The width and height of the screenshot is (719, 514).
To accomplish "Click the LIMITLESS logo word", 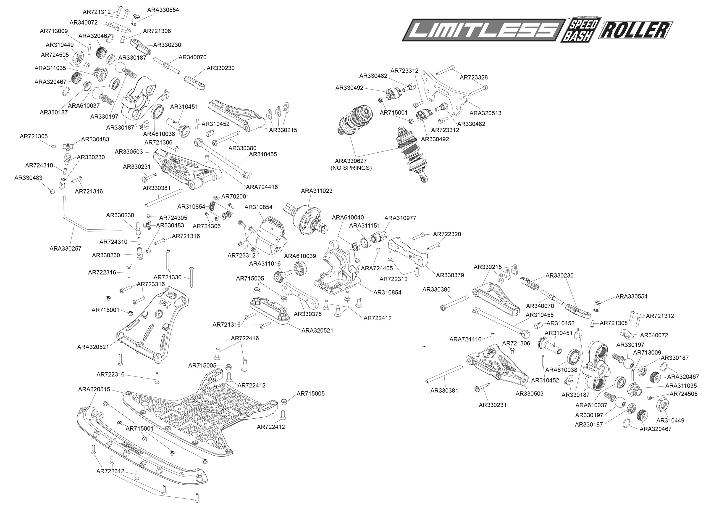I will click(484, 30).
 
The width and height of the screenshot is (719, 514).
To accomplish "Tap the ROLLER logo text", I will click(635, 30).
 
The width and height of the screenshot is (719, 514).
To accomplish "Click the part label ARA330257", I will click(66, 249).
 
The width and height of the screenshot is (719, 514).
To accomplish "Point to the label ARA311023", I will click(317, 191).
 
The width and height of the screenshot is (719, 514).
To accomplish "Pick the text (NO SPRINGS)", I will click(351, 168).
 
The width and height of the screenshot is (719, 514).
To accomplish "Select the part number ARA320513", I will click(485, 113).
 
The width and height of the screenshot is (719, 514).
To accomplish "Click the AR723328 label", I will click(474, 77).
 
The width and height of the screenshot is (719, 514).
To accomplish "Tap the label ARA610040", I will click(348, 217).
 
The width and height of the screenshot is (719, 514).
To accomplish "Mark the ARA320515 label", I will click(94, 389).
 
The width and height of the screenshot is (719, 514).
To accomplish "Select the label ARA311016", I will click(265, 263).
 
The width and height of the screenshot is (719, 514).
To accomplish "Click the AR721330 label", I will click(168, 277).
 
